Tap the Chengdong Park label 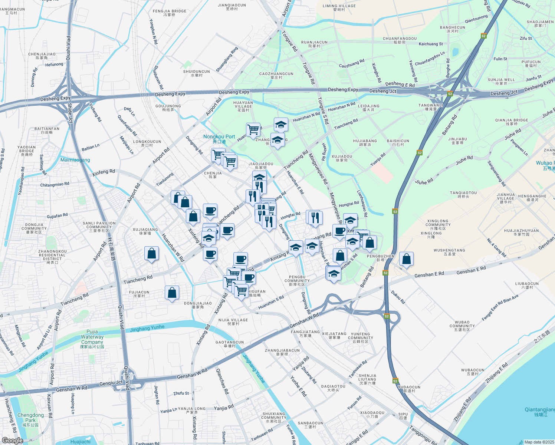pos(30,418)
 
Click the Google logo pos(12,440)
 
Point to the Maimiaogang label pos(75,160)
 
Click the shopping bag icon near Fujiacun pos(172,293)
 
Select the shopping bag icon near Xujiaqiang pos(151,254)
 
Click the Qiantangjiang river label pos(540,412)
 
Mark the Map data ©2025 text pos(539,442)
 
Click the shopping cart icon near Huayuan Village pos(253,130)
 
